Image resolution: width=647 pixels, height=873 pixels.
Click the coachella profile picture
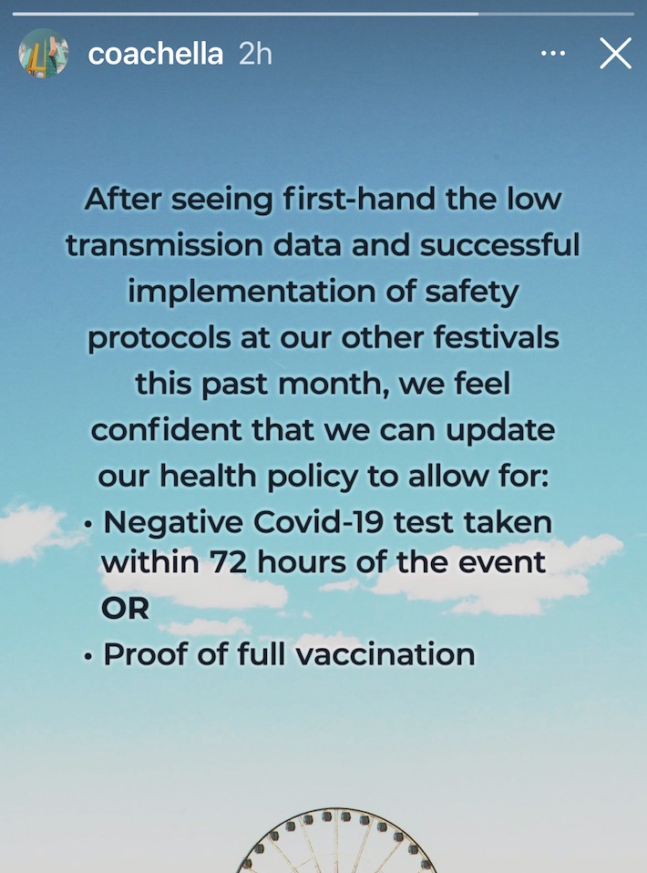pyautogui.click(x=44, y=53)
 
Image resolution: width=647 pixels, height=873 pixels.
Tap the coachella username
pyautogui.click(x=155, y=54)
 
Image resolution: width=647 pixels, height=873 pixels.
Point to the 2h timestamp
pyautogui.click(x=255, y=54)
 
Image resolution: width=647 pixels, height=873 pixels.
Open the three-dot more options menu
pyautogui.click(x=553, y=54)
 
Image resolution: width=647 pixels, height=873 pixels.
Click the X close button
pyautogui.click(x=615, y=54)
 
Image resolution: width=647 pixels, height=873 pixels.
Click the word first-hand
pyautogui.click(x=358, y=200)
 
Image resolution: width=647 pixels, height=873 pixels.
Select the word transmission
pyautogui.click(x=164, y=245)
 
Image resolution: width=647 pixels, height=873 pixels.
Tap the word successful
pyautogui.click(x=499, y=245)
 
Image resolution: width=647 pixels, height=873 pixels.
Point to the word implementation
pyautogui.click(x=252, y=293)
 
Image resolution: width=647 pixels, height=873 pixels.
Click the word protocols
pyautogui.click(x=159, y=338)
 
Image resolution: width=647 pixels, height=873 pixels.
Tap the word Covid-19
pyautogui.click(x=319, y=523)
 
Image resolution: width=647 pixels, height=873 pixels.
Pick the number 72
pyautogui.click(x=229, y=563)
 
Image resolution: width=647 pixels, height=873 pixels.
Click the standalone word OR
pyautogui.click(x=125, y=609)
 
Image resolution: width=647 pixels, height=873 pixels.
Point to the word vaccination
pyautogui.click(x=385, y=654)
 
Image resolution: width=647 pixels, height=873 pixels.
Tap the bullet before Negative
pyautogui.click(x=87, y=525)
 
